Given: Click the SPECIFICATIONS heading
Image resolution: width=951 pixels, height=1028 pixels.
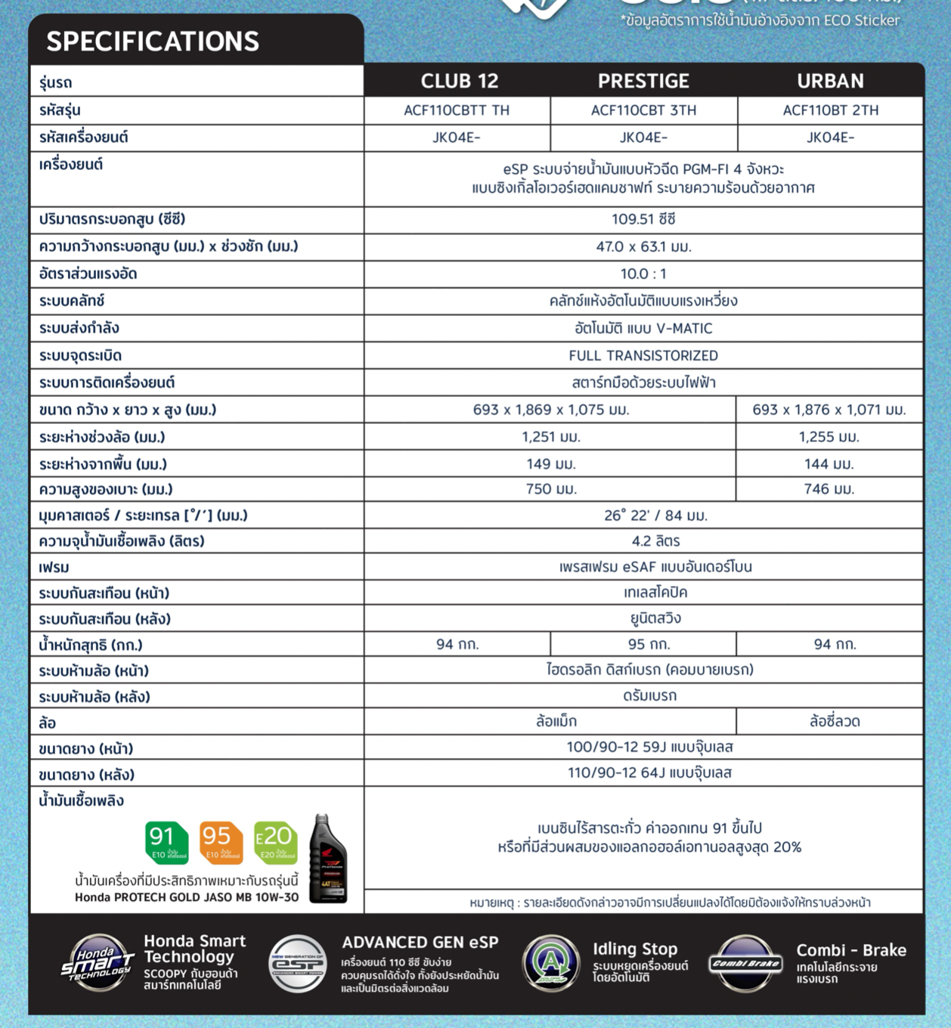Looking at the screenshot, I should click(153, 42).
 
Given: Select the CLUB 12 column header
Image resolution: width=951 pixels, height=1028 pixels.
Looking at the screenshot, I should click(459, 81).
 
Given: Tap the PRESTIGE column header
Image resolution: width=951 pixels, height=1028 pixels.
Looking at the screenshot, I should click(643, 81).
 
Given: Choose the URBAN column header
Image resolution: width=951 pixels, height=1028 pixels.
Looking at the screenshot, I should click(830, 81).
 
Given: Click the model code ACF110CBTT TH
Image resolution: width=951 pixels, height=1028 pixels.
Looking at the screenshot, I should click(457, 110).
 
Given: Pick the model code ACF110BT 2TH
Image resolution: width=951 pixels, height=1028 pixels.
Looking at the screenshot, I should click(830, 110).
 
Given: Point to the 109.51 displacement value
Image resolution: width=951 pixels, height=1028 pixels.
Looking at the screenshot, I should click(643, 219).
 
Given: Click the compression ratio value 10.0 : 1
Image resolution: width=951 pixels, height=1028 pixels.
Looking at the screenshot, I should click(643, 274).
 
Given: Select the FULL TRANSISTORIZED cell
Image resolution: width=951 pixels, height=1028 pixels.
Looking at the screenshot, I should click(643, 355).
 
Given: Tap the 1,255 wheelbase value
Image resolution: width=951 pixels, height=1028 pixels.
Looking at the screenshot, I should click(829, 437).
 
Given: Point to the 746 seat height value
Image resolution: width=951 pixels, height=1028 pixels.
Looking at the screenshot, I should click(829, 489).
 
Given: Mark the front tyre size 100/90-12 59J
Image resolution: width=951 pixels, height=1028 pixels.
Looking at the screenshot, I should click(649, 747).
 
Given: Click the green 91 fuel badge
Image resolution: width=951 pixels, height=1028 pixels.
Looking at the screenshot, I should click(166, 842).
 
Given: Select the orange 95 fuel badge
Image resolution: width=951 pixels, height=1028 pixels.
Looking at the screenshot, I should click(221, 842).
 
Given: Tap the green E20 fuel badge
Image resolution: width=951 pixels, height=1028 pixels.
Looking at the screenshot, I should click(275, 842).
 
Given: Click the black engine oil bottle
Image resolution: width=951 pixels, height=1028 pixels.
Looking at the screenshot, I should click(328, 859).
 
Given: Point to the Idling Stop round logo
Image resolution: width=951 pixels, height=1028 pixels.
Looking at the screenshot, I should click(551, 963).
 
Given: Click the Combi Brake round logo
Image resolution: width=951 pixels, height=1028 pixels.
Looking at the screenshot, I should click(745, 963).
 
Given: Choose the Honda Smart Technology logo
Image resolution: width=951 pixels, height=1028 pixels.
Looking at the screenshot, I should click(98, 963).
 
